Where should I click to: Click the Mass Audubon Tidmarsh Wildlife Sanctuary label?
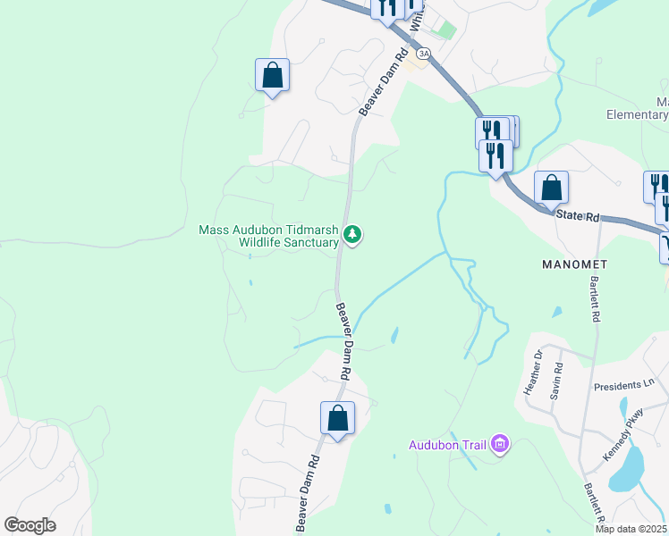[x=267, y=236]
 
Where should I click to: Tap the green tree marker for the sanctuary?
[x=354, y=235]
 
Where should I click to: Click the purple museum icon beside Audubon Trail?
[x=500, y=444]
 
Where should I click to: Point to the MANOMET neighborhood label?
[x=573, y=265]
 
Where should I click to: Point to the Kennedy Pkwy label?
[x=624, y=434]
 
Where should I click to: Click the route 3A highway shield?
[x=423, y=54]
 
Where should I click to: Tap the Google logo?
[x=30, y=525]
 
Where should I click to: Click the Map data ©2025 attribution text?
[x=631, y=529]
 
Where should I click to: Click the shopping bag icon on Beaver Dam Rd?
[x=337, y=418]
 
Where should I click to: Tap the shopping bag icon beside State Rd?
[x=551, y=188]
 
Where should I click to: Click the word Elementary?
[x=637, y=114]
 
